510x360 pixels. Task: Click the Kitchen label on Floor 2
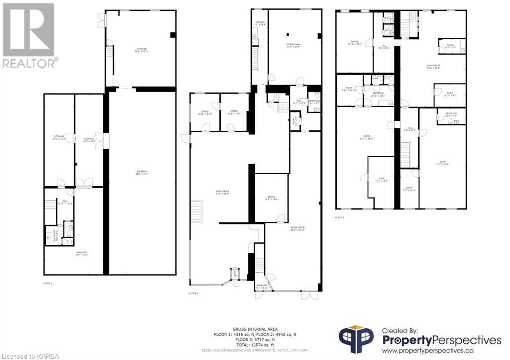click(259, 23)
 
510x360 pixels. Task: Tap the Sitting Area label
click(293, 45)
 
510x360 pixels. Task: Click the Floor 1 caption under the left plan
click(48, 283)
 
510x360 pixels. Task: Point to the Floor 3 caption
click(340, 217)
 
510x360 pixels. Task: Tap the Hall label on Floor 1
click(65, 203)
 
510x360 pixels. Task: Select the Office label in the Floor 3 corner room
click(355, 42)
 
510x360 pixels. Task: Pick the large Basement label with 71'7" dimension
click(142, 173)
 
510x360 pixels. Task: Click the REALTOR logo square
click(28, 29)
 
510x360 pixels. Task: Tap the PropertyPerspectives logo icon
click(356, 340)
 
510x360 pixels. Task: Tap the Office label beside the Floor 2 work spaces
click(271, 197)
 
